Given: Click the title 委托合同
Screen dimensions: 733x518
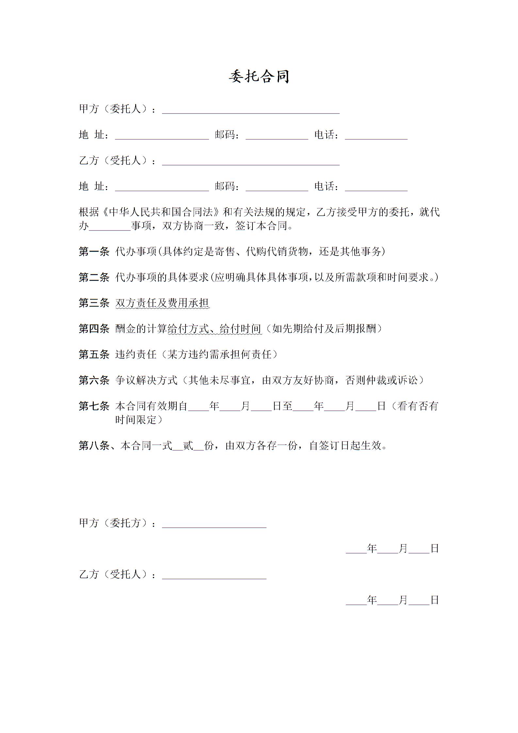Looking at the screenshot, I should [x=259, y=77].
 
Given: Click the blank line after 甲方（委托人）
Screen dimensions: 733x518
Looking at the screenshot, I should [x=251, y=110].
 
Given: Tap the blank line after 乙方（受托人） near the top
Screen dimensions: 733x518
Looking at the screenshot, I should [x=251, y=162].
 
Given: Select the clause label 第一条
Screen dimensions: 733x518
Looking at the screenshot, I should [x=94, y=252].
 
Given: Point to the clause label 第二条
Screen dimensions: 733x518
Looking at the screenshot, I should [x=94, y=277].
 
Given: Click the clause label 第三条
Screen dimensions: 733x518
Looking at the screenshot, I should [x=94, y=303].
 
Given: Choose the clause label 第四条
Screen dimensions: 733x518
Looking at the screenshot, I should [x=94, y=329].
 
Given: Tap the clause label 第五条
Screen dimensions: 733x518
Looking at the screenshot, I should [x=94, y=354].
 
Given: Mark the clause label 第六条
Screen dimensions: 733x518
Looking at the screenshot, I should [x=94, y=380].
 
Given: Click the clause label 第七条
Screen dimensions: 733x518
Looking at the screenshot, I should [x=94, y=406].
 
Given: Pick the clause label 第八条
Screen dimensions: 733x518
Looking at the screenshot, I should [x=94, y=446].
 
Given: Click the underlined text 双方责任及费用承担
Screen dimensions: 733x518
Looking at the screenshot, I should [x=162, y=303].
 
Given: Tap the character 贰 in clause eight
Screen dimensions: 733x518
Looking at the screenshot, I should [x=188, y=446].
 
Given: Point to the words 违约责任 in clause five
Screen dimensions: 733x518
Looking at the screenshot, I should [x=136, y=354].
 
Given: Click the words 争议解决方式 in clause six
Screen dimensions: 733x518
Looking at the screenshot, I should [x=146, y=380].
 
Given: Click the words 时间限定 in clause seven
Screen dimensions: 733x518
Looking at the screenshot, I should [x=136, y=420].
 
